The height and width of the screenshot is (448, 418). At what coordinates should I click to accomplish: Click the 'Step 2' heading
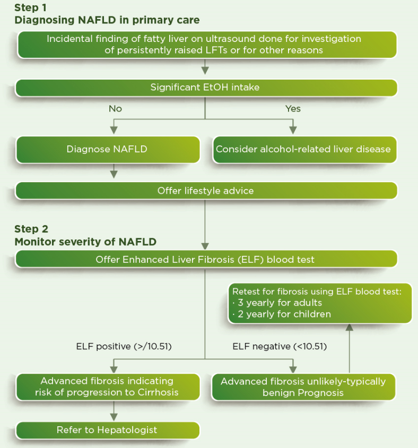(x=31, y=229)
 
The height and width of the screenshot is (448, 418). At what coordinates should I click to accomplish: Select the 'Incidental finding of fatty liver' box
(x=206, y=45)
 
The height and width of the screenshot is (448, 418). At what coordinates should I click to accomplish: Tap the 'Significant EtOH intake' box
(x=206, y=88)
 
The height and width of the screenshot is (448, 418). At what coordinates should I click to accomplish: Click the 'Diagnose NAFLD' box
(x=108, y=149)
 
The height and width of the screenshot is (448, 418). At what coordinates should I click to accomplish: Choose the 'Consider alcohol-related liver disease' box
(x=303, y=149)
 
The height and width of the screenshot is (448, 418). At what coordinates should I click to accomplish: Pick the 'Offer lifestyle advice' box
(x=206, y=191)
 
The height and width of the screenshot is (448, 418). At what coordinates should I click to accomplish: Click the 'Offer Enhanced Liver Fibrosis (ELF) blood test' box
(x=206, y=260)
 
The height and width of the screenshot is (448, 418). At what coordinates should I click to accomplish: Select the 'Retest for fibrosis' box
(x=320, y=303)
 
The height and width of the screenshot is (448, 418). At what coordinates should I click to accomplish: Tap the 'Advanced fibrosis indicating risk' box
(x=108, y=387)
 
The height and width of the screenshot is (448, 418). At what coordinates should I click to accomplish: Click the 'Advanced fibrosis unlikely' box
(x=303, y=387)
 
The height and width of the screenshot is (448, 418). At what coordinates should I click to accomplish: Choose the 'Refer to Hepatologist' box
(x=108, y=430)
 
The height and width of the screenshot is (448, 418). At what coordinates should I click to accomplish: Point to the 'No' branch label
(x=115, y=109)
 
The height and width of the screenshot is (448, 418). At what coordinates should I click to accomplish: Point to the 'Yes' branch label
(x=293, y=109)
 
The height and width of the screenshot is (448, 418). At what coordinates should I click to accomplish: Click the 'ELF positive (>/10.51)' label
(x=124, y=347)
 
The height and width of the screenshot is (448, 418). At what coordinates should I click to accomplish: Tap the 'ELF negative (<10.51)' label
(x=280, y=347)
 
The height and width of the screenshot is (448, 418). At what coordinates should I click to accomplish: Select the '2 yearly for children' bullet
(x=282, y=314)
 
